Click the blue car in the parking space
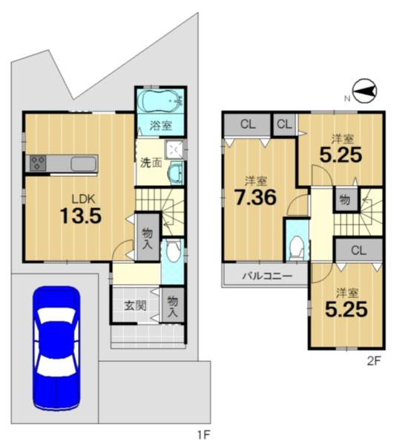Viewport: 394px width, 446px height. (56, 349)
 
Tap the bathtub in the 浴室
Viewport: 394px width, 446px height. (161, 102)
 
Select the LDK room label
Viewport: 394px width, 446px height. (83, 199)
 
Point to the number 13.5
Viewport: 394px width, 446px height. (81, 216)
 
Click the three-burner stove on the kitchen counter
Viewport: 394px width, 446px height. (38, 164)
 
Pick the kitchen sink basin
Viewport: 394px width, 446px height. (83, 164)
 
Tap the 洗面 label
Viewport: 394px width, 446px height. (151, 164)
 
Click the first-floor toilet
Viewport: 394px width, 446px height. (173, 251)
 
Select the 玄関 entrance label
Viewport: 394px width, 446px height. (136, 306)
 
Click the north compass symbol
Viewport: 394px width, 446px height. (364, 91)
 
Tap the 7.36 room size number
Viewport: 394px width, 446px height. (255, 198)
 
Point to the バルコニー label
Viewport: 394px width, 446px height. (267, 276)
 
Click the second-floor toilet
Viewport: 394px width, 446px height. (297, 247)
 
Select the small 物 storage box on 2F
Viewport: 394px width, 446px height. (344, 200)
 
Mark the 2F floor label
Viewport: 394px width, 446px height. (373, 361)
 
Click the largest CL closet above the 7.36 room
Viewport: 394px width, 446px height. (248, 125)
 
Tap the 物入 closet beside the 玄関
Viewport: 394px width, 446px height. (172, 306)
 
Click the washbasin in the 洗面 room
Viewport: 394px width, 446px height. (174, 173)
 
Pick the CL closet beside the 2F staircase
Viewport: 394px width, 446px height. (358, 251)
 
